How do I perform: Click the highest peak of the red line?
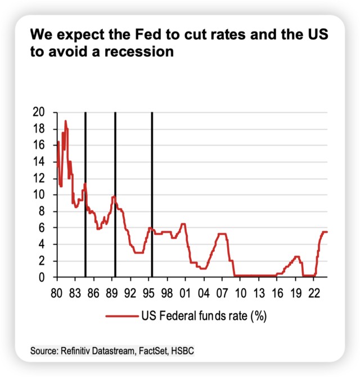(65, 121)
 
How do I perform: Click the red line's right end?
(327, 232)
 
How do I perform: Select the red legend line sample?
(122, 316)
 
